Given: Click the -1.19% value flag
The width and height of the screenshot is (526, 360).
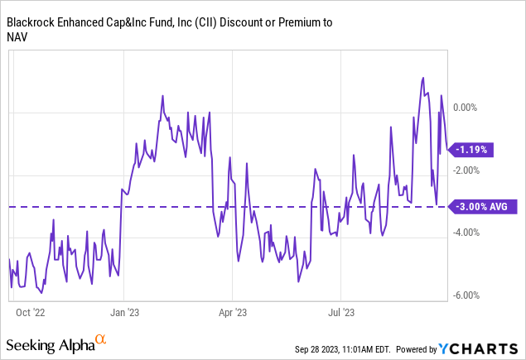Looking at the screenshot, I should point(472,150).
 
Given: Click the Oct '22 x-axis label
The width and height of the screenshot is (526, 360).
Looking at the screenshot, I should point(29,313).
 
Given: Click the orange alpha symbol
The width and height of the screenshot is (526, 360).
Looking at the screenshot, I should point(100,339).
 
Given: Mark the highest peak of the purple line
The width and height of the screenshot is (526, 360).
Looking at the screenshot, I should point(423,79).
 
